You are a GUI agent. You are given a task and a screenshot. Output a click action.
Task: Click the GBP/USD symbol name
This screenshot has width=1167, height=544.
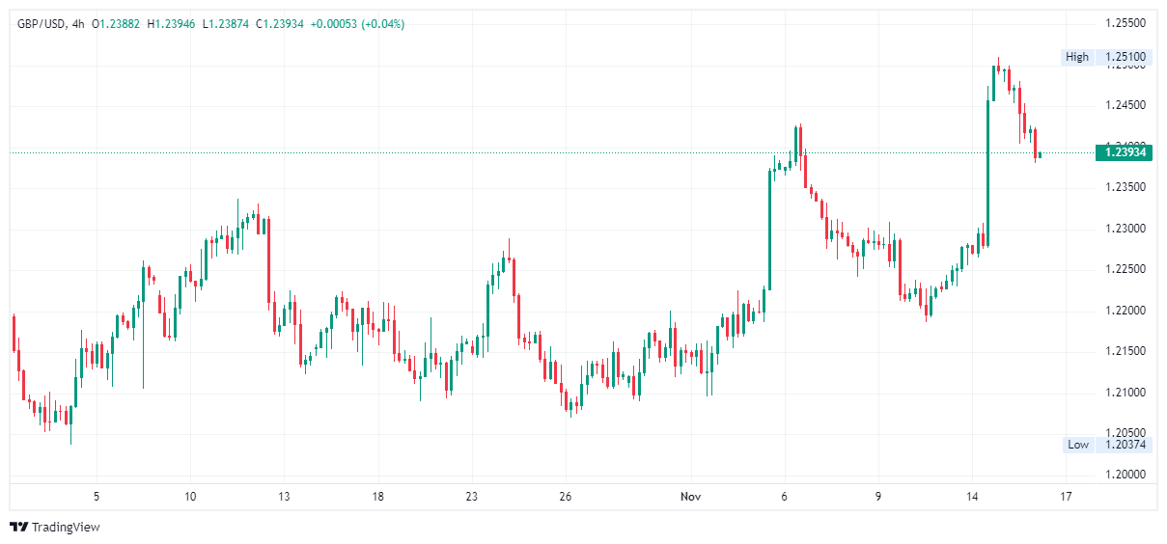41,24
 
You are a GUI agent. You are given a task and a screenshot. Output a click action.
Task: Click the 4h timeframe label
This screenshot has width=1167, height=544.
78,24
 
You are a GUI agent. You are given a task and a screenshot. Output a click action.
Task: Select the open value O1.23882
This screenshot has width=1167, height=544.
116,24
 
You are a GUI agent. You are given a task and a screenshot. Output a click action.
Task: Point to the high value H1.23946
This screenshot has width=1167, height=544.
171,24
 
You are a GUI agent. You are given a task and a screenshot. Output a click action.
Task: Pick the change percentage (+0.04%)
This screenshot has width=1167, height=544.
382,24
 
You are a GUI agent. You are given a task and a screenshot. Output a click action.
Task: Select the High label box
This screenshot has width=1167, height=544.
1077,57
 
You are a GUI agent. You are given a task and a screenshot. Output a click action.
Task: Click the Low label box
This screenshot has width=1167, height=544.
1078,445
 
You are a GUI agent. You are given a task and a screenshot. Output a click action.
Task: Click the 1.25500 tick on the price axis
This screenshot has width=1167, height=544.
1125,23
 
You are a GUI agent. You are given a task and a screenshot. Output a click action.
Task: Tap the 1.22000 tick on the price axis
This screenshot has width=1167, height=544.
1125,311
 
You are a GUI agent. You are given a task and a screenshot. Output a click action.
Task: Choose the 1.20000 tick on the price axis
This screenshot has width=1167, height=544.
1125,475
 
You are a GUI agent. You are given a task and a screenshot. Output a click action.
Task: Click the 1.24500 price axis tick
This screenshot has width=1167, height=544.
1125,105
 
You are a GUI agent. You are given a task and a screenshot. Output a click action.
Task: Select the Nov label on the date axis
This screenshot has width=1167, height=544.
690,497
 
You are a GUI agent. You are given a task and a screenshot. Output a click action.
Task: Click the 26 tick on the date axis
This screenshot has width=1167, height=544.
567,497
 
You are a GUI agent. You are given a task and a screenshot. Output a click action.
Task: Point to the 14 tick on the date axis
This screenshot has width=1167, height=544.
974,497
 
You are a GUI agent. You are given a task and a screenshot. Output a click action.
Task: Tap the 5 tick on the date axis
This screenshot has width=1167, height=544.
97,497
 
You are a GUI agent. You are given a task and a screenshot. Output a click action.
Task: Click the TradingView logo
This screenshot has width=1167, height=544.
55,527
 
